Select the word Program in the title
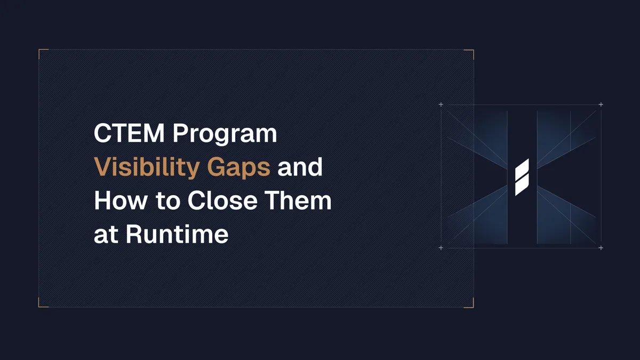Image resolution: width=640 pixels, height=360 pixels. tap(225, 134)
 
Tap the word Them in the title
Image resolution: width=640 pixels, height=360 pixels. tap(303, 201)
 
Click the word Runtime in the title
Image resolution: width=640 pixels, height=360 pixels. tap(177, 234)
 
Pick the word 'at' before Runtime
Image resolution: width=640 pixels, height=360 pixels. tap(106, 235)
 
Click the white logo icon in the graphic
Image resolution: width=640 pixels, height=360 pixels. tap(522, 177)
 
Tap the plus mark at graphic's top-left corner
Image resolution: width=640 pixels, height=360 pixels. tap(441, 105)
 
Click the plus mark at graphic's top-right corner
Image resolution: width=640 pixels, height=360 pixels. tap(601, 105)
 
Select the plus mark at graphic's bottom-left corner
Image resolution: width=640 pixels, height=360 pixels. tap(441, 248)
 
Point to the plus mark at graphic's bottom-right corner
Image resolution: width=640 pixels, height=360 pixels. tap(601, 248)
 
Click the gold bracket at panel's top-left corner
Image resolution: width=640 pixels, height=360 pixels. tap(41, 51)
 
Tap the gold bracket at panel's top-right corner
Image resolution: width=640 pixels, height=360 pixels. tap(471, 51)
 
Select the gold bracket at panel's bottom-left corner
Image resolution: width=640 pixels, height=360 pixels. tap(41, 305)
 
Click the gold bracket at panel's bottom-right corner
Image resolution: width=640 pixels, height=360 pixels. tap(471, 305)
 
